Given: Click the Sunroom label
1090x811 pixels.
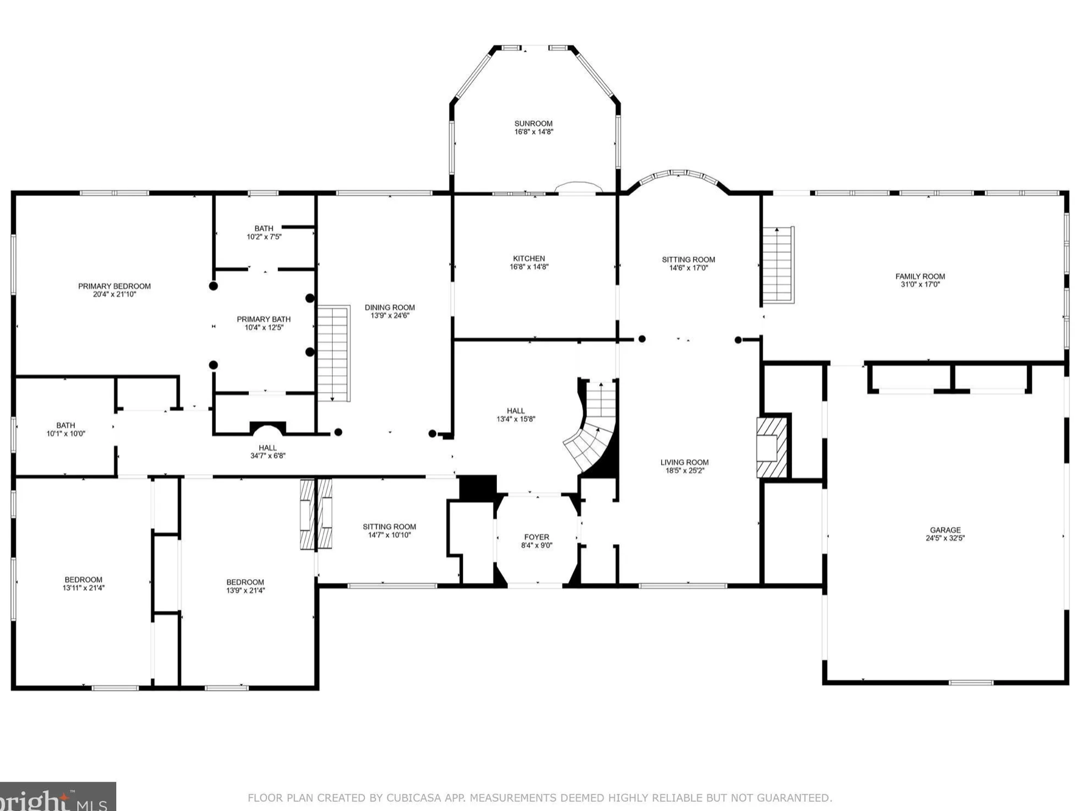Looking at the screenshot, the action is pyautogui.click(x=533, y=123).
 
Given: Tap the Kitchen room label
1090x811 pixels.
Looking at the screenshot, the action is pyautogui.click(x=529, y=258).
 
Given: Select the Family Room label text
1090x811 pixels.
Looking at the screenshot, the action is pyautogui.click(x=920, y=277).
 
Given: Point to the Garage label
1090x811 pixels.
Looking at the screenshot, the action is pyautogui.click(x=945, y=530).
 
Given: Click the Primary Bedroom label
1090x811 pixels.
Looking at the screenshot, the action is pyautogui.click(x=114, y=286).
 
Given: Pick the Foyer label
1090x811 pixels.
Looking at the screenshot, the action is pyautogui.click(x=536, y=537).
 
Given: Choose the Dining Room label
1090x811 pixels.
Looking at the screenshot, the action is pyautogui.click(x=389, y=308).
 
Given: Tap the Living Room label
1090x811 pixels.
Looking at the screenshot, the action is pyautogui.click(x=684, y=463).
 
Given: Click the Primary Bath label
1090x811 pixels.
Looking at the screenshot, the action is pyautogui.click(x=263, y=319).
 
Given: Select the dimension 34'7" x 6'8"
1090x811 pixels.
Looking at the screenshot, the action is pyautogui.click(x=268, y=455).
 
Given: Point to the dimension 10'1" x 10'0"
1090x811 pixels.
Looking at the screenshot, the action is pyautogui.click(x=66, y=433).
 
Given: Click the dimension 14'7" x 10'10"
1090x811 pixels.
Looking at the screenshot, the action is pyautogui.click(x=389, y=535).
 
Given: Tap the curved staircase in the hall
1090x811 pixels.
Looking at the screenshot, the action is pyautogui.click(x=591, y=428).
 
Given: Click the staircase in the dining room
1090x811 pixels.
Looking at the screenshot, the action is pyautogui.click(x=333, y=353).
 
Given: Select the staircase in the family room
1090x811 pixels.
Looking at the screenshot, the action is pyautogui.click(x=778, y=264).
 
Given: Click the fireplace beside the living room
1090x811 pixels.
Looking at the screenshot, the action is pyautogui.click(x=771, y=447).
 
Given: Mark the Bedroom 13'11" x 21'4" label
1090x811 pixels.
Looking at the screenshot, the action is pyautogui.click(x=83, y=584).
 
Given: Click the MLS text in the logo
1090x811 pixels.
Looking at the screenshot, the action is pyautogui.click(x=92, y=806).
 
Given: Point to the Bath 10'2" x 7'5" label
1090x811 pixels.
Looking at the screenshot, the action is pyautogui.click(x=264, y=233).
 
